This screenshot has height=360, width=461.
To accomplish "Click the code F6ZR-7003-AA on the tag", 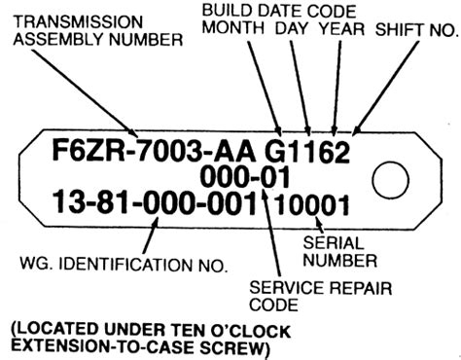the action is click(154, 152).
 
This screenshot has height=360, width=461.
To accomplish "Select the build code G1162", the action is click(307, 152).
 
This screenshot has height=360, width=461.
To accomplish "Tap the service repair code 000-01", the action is click(245, 177).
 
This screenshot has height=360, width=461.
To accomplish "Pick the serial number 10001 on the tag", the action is click(312, 205).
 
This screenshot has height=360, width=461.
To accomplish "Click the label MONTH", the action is click(233, 27).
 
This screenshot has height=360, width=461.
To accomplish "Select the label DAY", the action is click(292, 28).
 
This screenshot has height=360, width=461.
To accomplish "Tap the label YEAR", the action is click(342, 28).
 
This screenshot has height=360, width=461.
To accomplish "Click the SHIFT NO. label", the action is click(417, 30).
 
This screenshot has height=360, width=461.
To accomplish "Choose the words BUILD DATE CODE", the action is click(279, 11).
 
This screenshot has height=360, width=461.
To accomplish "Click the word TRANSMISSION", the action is click(78, 22).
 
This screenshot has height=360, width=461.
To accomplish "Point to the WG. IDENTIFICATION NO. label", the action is click(124, 265).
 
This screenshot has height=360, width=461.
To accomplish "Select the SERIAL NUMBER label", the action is click(339, 252).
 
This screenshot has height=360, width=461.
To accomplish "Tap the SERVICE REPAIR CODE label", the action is click(320, 296).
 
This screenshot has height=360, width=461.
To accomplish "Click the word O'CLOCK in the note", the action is click(250, 331).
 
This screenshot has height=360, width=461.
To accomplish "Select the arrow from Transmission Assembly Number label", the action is click(85, 93).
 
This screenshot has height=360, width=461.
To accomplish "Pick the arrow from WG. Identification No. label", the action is click(151, 234).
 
